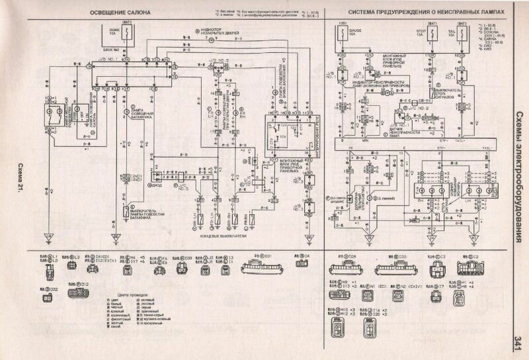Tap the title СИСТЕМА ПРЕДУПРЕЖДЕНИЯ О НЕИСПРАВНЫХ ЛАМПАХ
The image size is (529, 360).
[424, 12]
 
